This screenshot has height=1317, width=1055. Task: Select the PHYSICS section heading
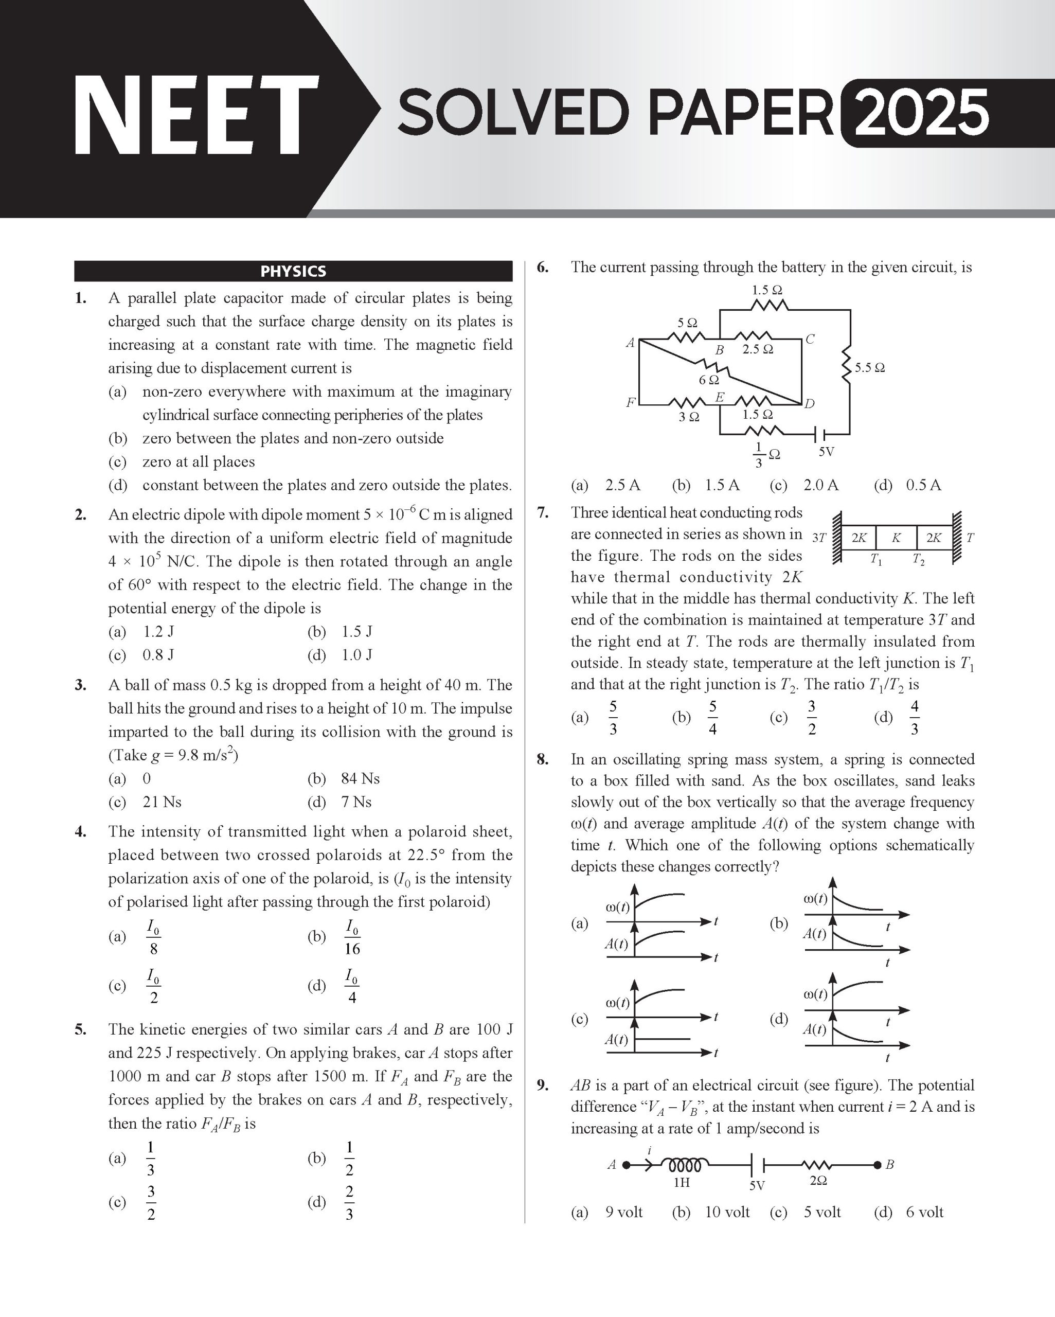click(x=293, y=271)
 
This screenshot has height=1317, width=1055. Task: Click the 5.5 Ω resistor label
click(x=869, y=368)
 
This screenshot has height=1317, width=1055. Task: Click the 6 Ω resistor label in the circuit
click(x=709, y=380)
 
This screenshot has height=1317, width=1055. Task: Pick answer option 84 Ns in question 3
click(x=361, y=778)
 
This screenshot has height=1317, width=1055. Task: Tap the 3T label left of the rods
click(x=818, y=538)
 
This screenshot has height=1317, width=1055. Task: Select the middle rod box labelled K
click(x=896, y=538)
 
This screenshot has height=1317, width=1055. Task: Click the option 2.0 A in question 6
click(x=820, y=485)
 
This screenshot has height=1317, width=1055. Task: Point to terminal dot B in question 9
click(x=877, y=1165)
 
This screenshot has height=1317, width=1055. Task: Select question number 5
click(x=81, y=1029)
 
